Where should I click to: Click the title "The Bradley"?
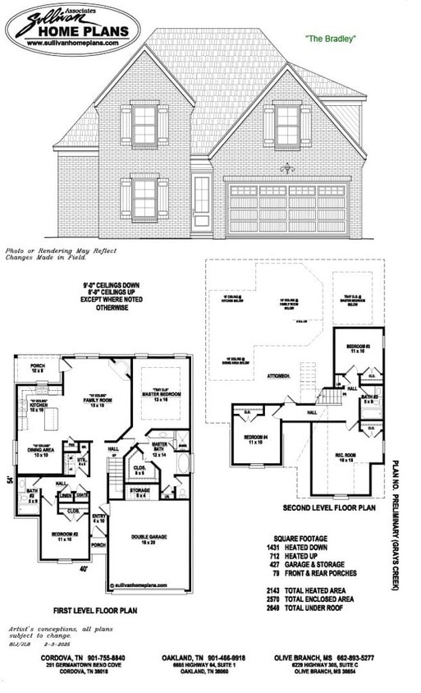330,38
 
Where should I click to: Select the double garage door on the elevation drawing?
287,210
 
